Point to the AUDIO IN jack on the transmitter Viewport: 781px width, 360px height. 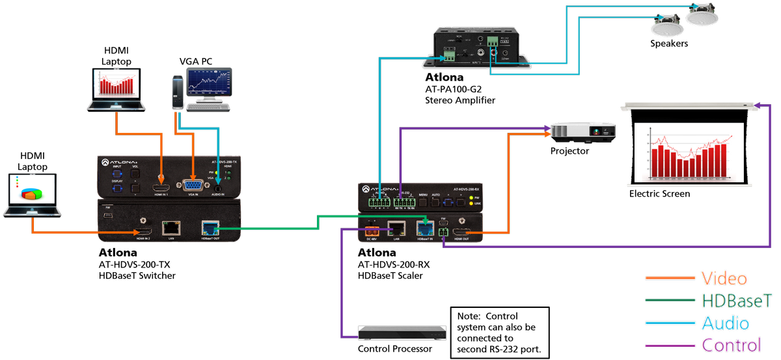click(219, 186)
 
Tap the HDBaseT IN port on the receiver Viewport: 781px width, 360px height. click(425, 228)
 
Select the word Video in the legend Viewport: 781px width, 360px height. click(724, 279)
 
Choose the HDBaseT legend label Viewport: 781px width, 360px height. click(737, 301)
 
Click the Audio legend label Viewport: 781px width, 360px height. click(725, 323)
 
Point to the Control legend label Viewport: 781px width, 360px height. click(731, 345)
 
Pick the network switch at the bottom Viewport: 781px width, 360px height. click(404, 333)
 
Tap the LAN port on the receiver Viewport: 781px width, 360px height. click(397, 228)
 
